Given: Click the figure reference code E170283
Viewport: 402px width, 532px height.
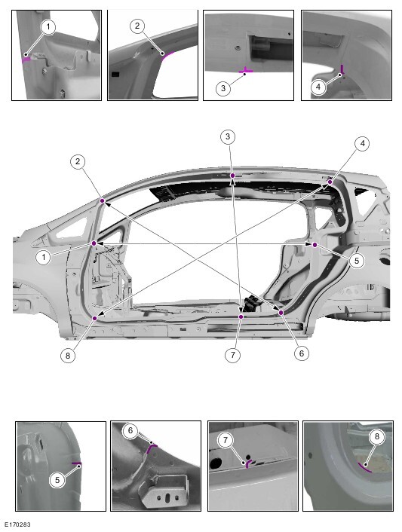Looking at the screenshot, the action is tap(17, 525).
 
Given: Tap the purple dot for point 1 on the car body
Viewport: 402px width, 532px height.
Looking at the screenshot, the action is tap(94, 243).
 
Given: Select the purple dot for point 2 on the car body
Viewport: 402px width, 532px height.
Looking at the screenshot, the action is tap(103, 201).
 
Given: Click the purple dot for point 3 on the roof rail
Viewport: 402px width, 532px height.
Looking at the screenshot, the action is tap(232, 176).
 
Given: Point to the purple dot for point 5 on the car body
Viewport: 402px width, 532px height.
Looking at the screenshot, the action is tap(315, 245).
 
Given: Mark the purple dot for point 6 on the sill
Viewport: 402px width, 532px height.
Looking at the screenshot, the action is tap(281, 312).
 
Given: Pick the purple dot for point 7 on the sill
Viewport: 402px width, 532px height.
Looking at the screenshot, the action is tap(241, 316).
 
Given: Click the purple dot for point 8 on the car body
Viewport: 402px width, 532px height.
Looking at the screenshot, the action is tap(95, 318).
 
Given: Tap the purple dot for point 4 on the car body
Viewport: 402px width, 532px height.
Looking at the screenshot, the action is tap(330, 182).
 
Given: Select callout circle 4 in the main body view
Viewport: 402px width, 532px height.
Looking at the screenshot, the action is tap(363, 143).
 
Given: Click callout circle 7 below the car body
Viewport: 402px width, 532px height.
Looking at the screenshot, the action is tap(232, 355).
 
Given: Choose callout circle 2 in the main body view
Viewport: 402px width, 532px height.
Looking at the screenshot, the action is tap(78, 161).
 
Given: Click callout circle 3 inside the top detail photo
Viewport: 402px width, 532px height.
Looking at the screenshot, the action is tap(223, 88).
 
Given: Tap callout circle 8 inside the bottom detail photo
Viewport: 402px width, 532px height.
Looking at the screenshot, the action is tap(376, 436).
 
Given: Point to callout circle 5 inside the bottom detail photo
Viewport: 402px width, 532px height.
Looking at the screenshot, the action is tap(57, 480).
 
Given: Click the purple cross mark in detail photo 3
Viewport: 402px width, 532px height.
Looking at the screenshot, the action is tap(246, 71).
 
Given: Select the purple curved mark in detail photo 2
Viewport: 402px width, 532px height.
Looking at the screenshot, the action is tap(167, 55).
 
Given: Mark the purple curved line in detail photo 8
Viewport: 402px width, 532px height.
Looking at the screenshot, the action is tap(364, 467).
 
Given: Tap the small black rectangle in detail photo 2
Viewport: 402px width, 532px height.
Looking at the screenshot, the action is tap(115, 74).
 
